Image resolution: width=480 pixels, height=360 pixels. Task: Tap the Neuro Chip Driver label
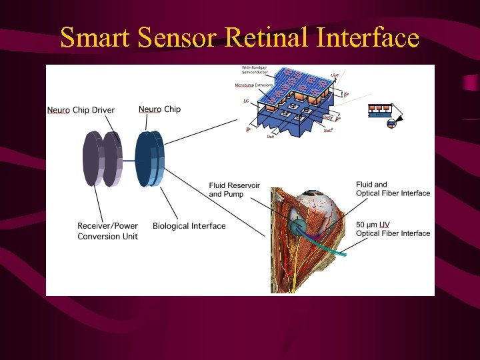tap(81, 110)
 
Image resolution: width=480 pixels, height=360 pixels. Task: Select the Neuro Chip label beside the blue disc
tap(159, 109)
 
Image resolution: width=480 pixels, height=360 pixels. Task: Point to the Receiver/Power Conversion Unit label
tap(108, 231)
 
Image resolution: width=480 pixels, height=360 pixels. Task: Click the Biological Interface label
tap(189, 226)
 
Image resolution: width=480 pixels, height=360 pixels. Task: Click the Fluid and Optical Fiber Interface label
tap(393, 189)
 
